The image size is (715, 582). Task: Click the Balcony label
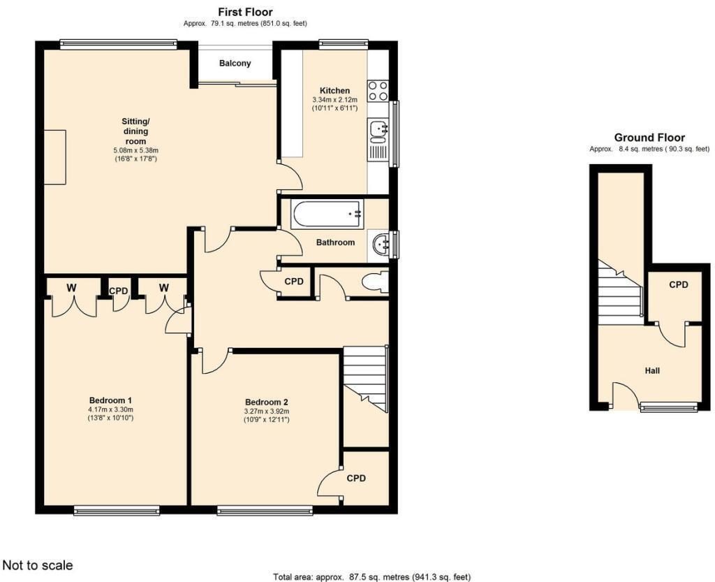pyautogui.click(x=235, y=63)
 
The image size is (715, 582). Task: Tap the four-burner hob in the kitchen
pyautogui.click(x=378, y=90)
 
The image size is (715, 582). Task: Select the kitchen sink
pyautogui.click(x=378, y=129)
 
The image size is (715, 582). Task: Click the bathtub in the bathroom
pyautogui.click(x=327, y=214)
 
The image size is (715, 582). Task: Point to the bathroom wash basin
pyautogui.click(x=381, y=245)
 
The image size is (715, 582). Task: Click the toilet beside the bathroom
pyautogui.click(x=376, y=282)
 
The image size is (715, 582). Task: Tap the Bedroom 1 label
pyautogui.click(x=111, y=401)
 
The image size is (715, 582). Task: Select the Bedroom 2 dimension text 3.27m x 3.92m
pyautogui.click(x=266, y=411)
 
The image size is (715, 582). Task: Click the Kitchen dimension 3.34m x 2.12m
pyautogui.click(x=334, y=99)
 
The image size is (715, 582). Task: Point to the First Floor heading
pyautogui.click(x=245, y=12)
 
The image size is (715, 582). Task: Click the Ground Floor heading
pyautogui.click(x=649, y=137)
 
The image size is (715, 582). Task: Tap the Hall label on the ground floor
pyautogui.click(x=652, y=371)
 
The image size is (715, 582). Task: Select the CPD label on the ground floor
pyautogui.click(x=679, y=284)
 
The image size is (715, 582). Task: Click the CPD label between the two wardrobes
pyautogui.click(x=119, y=291)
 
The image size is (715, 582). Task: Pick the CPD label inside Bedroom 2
pyautogui.click(x=356, y=478)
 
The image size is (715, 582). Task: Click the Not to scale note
pyautogui.click(x=38, y=565)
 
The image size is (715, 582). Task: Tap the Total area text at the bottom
pyautogui.click(x=372, y=577)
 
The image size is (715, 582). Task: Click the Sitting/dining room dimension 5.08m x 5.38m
pyautogui.click(x=136, y=150)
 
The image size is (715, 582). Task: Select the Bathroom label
pyautogui.click(x=335, y=242)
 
